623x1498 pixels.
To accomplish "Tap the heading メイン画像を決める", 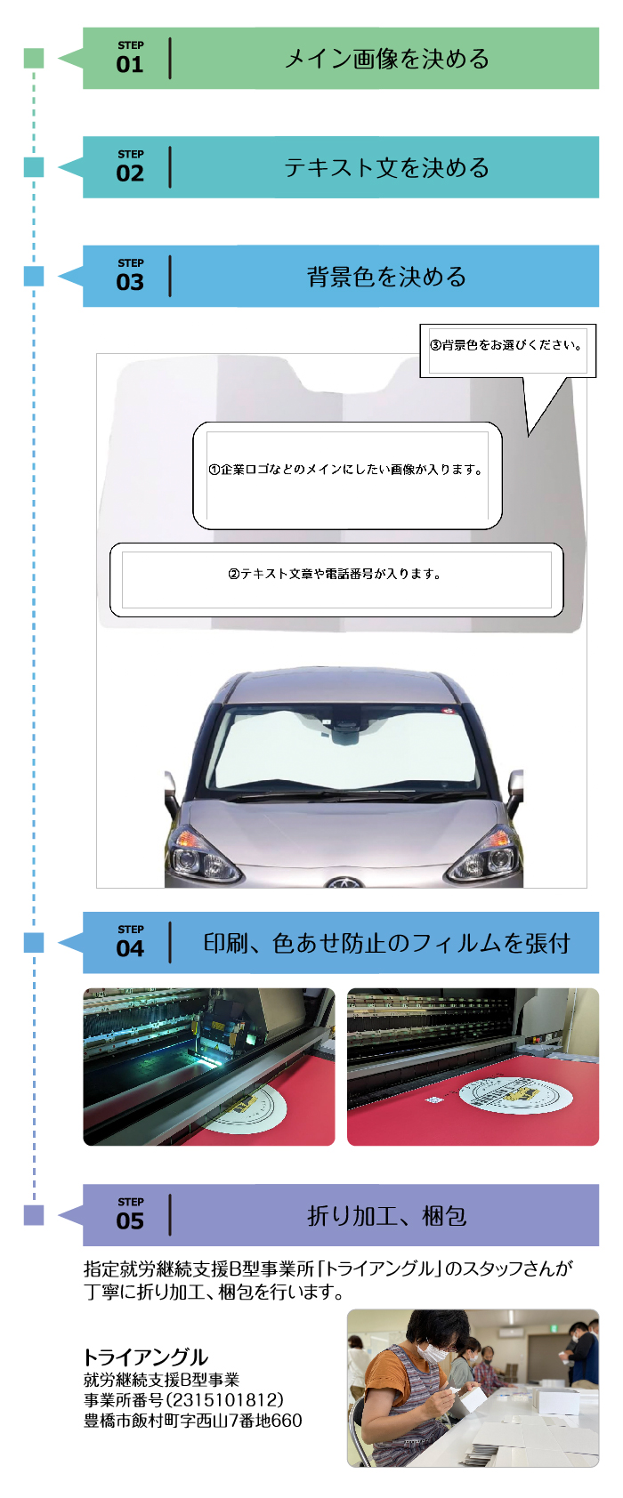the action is coord(387,59).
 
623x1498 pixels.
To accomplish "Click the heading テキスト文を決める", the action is coord(387,168).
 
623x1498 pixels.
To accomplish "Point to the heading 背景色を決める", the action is coord(387,277).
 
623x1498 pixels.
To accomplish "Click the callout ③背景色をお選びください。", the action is coord(506,346).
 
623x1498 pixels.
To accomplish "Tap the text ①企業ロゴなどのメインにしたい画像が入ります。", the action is coord(346,471).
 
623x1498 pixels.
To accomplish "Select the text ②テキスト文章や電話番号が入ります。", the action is coord(335,574).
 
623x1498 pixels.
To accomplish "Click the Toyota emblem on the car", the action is coord(344,882).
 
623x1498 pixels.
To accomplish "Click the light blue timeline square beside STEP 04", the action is coord(34,942).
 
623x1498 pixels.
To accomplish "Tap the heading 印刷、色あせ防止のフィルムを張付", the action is coord(387,943).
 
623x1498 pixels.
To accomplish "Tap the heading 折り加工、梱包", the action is coord(387,1215).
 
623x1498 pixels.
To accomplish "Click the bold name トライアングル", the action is coord(145,1357).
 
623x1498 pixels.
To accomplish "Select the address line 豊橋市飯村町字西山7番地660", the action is coord(193,1421).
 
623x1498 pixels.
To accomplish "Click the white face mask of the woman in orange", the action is coord(433,1352).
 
